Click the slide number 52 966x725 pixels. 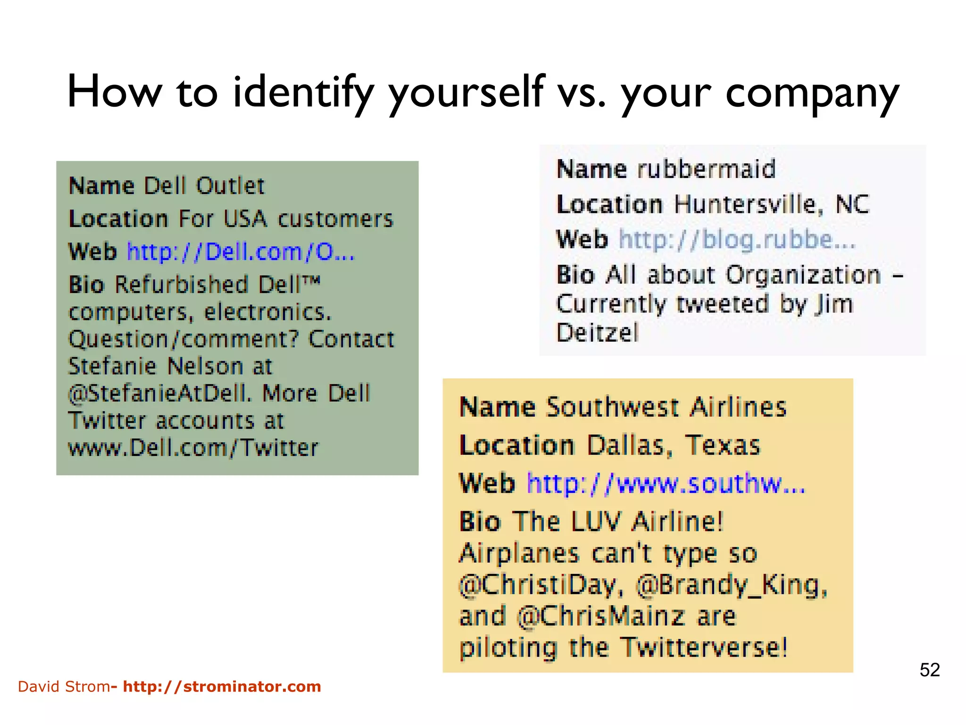930,670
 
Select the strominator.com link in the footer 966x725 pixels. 222,686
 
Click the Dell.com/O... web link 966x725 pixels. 241,252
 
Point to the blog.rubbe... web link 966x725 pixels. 737,239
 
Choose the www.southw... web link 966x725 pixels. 666,483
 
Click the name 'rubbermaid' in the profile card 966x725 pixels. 706,169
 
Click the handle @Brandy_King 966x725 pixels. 731,585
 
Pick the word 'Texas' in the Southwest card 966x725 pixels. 722,445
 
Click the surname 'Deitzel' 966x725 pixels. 597,333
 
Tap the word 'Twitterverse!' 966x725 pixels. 704,647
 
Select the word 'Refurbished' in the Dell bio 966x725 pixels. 182,285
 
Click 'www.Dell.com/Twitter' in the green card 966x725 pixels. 193,447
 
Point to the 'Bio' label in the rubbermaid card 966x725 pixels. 575,275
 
